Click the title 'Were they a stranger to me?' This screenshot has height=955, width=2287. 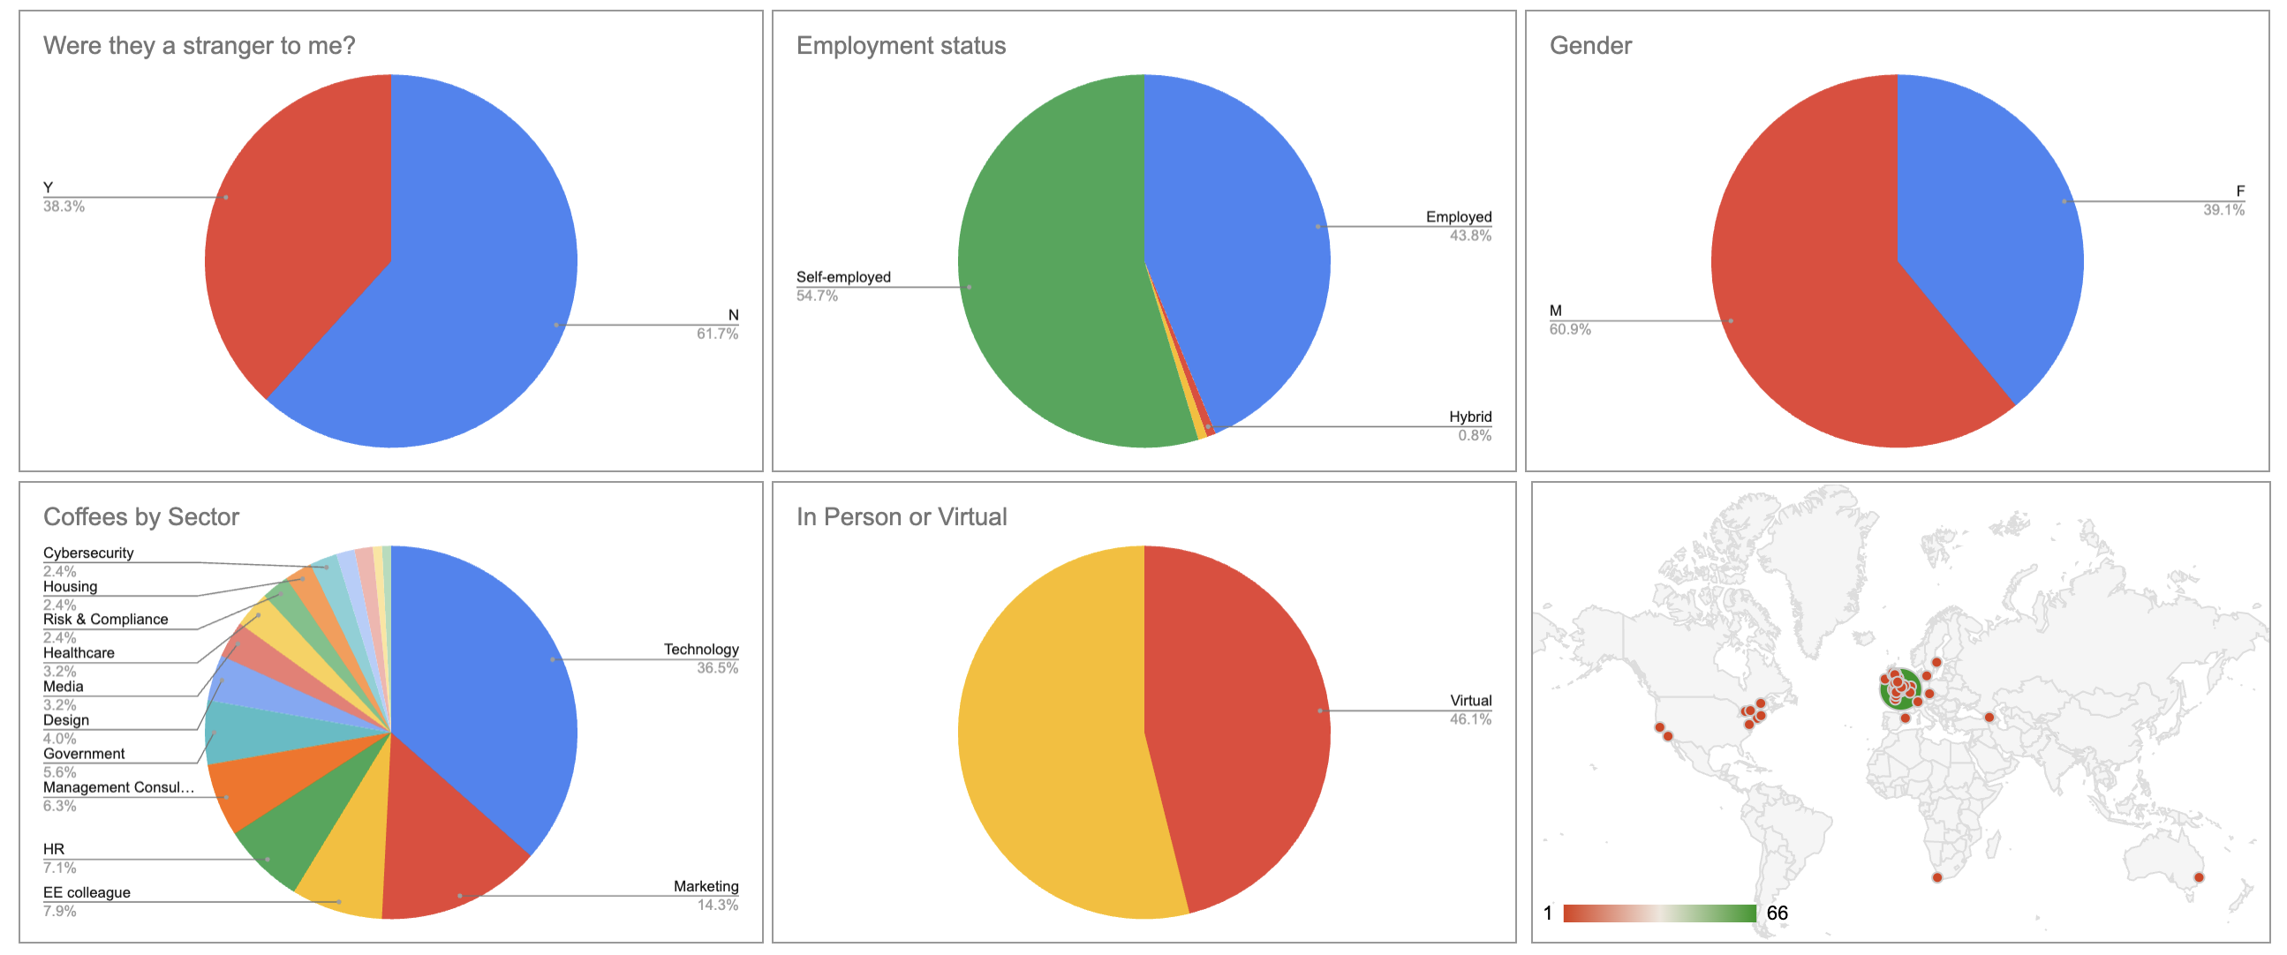coord(199,46)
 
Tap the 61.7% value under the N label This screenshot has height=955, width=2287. coord(716,335)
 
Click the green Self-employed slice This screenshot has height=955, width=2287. coord(1047,267)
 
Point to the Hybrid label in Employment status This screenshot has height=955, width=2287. coord(1469,417)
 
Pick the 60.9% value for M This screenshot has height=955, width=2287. coord(1570,330)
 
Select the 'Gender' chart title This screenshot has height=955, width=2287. coord(1590,46)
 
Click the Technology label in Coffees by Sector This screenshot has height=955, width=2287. coord(700,650)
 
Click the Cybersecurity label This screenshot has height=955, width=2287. coord(88,553)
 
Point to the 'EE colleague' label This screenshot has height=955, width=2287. coord(87,893)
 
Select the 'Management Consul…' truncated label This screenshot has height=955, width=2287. coord(118,787)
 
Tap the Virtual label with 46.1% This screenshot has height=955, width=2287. coord(1470,701)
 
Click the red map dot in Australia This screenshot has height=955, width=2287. coord(2199,878)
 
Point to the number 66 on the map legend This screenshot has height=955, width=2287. coord(1777,914)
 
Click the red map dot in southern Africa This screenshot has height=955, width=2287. coord(1937,878)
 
